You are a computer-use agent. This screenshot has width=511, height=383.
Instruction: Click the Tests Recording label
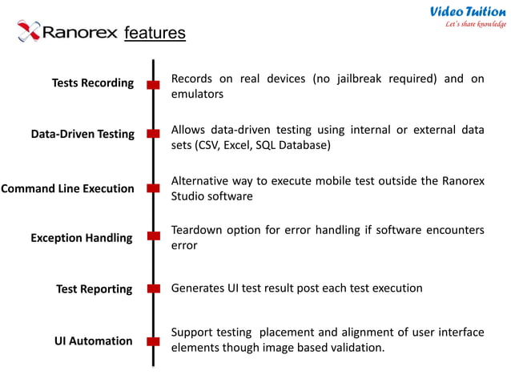(93, 83)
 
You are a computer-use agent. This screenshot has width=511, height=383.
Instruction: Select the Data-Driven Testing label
(82, 135)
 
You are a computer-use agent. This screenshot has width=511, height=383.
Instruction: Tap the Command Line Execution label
(67, 189)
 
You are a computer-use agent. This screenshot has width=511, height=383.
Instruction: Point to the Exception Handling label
(82, 238)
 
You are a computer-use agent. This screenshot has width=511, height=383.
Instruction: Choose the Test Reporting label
(94, 289)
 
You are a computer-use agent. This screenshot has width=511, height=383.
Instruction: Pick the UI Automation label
(94, 341)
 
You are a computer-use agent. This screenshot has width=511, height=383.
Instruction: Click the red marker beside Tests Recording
(153, 84)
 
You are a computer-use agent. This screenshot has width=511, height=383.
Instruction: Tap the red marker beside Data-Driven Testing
(153, 135)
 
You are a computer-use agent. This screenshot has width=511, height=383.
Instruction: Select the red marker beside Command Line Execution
(153, 189)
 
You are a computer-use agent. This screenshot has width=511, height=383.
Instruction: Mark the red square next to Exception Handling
(153, 238)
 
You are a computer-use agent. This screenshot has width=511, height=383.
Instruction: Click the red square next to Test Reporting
(153, 288)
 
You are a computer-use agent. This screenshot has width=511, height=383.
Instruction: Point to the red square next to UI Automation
(153, 341)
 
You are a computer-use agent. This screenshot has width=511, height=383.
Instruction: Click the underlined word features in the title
(155, 33)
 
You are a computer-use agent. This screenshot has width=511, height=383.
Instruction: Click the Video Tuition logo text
(468, 11)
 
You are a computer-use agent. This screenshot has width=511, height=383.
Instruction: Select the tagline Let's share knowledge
(476, 24)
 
